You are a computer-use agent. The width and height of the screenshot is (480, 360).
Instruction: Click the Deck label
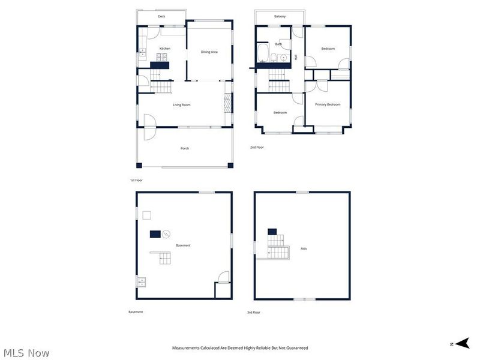pyautogui.click(x=161, y=17)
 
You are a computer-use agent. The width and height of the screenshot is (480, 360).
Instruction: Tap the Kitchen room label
pyautogui.click(x=164, y=49)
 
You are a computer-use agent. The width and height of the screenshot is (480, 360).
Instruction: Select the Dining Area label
pyautogui.click(x=209, y=52)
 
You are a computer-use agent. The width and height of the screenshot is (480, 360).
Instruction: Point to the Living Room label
pyautogui.click(x=181, y=105)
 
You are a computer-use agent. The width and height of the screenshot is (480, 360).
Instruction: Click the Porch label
pyautogui.click(x=185, y=148)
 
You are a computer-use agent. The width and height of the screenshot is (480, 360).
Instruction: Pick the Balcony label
pyautogui.click(x=280, y=17)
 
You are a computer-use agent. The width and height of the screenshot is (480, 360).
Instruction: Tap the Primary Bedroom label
pyautogui.click(x=328, y=104)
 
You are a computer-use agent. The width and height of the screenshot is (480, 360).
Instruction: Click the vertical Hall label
pyautogui.click(x=296, y=57)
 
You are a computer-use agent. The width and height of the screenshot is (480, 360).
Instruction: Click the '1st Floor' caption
pyautogui.click(x=136, y=180)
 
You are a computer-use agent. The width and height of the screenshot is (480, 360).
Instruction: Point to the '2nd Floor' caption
pyautogui.click(x=257, y=147)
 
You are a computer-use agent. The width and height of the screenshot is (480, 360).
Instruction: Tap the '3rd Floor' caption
pyautogui.click(x=254, y=312)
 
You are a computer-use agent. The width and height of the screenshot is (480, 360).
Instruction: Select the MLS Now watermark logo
pyautogui.click(x=26, y=353)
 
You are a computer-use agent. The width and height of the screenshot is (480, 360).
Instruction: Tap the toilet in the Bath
pyautogui.click(x=274, y=58)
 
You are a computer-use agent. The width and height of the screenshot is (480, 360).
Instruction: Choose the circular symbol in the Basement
pyautogui.click(x=167, y=233)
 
